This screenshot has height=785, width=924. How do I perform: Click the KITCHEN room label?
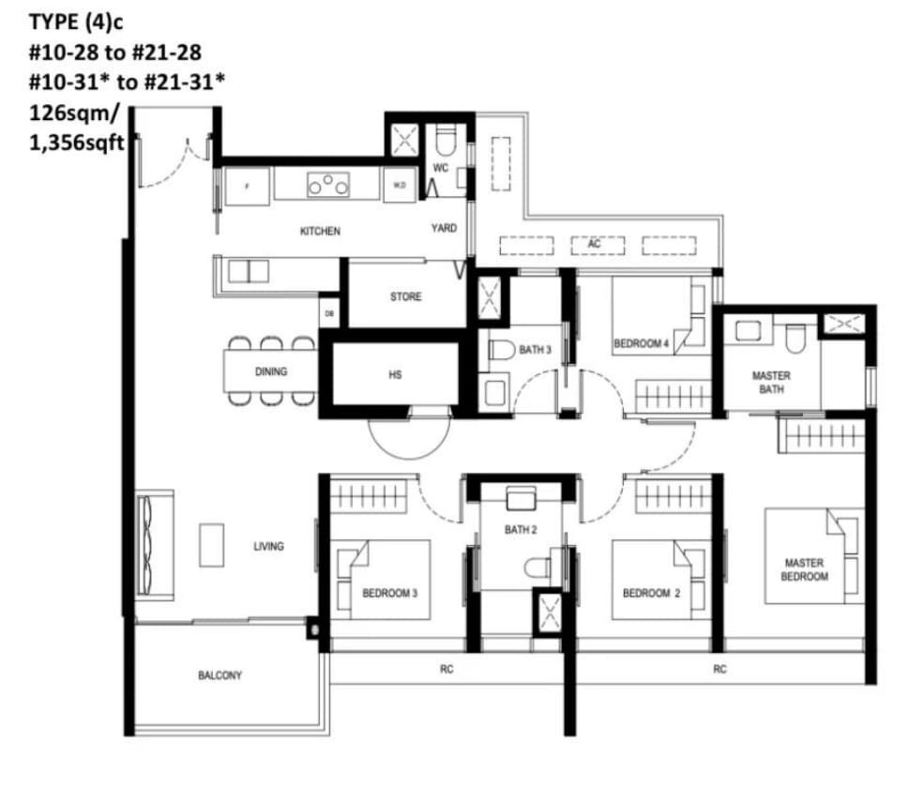320,231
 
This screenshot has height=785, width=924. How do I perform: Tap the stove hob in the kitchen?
328,185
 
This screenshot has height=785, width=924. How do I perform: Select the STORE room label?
406,296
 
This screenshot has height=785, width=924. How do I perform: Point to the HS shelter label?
396,374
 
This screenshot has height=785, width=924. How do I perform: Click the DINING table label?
271,371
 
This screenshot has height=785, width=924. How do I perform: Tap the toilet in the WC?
447,141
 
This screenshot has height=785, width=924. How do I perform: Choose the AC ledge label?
595,243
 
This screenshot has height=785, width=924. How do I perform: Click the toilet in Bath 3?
502,350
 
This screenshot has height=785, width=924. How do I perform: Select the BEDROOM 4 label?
641,343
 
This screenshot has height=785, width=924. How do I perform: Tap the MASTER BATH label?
771,383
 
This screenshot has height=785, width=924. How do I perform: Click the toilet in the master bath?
795,338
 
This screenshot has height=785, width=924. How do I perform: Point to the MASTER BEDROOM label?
804,569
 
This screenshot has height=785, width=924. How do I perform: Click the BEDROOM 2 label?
651,593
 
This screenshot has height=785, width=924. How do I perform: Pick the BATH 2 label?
521,530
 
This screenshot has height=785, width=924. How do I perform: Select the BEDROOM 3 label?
390,593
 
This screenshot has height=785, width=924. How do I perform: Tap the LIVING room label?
268,547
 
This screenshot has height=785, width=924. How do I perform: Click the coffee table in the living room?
212,545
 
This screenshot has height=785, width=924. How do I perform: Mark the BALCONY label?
220,675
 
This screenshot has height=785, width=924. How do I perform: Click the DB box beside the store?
329,313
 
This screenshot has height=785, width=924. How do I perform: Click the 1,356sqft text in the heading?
77,143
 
